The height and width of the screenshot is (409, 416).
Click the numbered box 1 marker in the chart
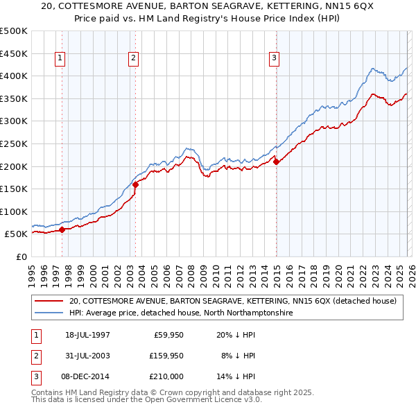click(x=61, y=59)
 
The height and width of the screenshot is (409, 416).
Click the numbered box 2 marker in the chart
click(x=132, y=59)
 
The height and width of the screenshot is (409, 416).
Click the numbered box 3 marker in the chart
click(x=275, y=59)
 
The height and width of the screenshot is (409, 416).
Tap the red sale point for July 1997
click(x=62, y=229)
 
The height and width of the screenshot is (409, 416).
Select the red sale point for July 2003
click(x=135, y=184)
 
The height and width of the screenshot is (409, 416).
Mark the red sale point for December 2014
click(x=276, y=162)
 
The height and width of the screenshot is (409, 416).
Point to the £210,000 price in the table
click(x=166, y=376)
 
